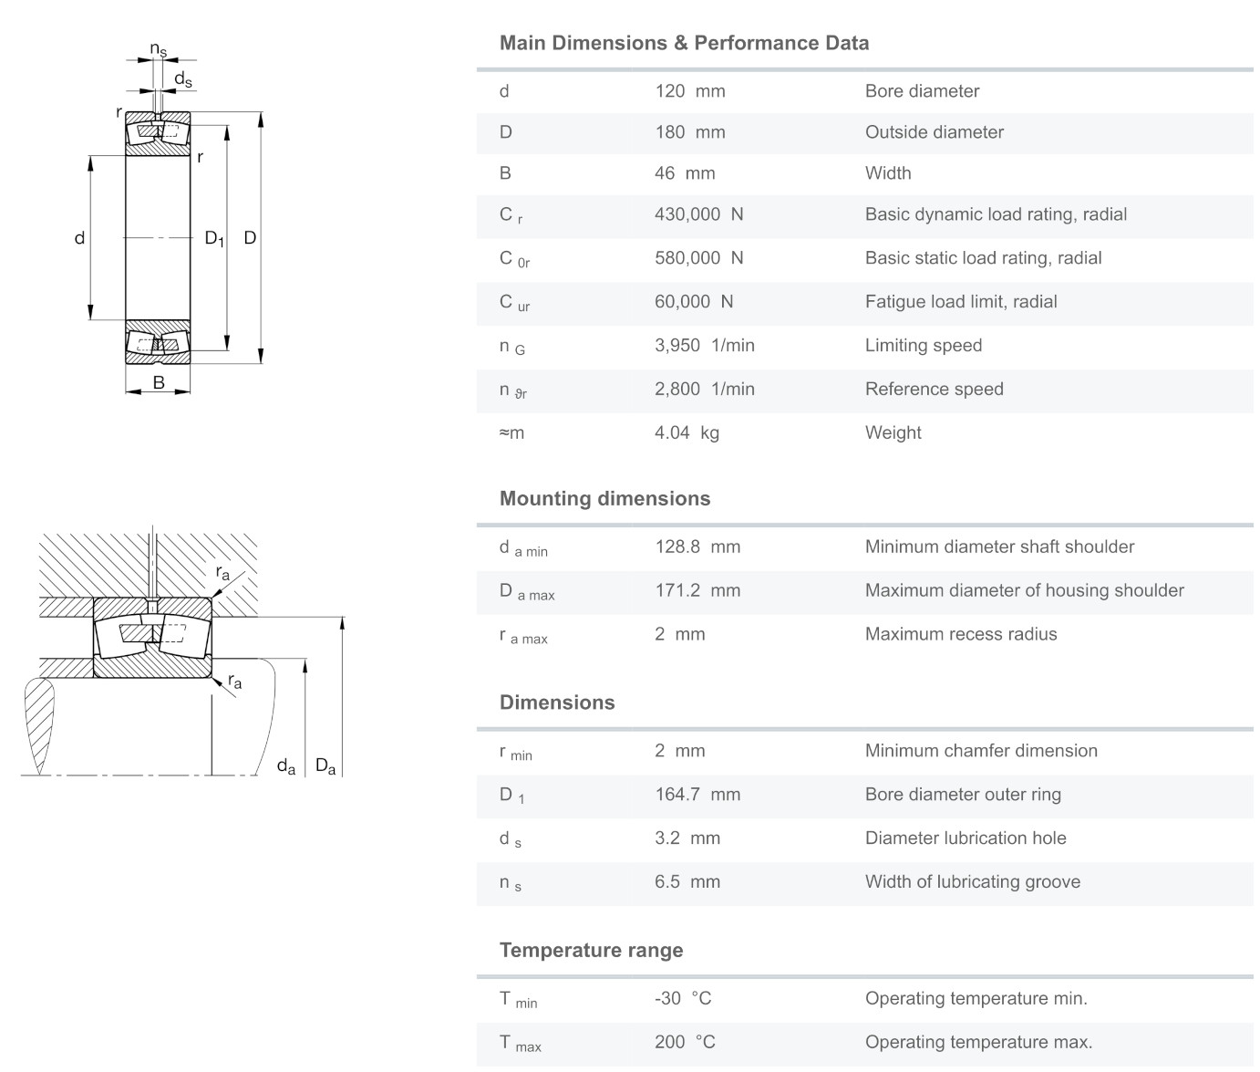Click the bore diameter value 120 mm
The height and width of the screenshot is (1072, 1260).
[x=690, y=91]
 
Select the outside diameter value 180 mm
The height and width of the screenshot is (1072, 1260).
[x=690, y=132]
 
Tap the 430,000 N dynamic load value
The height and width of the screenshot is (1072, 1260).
[x=698, y=214]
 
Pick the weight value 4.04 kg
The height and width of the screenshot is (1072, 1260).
[x=687, y=432]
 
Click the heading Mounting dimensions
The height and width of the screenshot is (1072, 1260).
[x=604, y=498]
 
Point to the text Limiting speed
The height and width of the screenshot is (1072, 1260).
[x=924, y=346]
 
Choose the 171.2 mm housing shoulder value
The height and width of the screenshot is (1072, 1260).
[x=698, y=590]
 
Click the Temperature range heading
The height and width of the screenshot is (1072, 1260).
[x=592, y=950]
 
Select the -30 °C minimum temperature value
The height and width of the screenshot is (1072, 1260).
[x=684, y=998]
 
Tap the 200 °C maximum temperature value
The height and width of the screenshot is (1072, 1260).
[x=686, y=1042]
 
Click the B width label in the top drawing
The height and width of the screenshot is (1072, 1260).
[x=159, y=382]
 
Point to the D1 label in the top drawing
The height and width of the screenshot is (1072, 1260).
[x=214, y=238]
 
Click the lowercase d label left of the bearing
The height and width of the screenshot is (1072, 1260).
[x=79, y=238]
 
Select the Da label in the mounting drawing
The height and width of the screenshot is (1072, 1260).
[x=325, y=765]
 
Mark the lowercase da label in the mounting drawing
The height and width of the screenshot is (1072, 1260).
[x=286, y=766]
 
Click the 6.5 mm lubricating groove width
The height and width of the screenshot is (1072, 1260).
[x=687, y=881]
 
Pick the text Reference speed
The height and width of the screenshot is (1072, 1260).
[x=934, y=390]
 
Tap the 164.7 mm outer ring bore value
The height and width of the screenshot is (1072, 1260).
[x=698, y=795]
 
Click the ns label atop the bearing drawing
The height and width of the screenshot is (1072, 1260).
[x=159, y=49]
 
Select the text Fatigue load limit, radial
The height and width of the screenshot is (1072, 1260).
[x=961, y=301]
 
